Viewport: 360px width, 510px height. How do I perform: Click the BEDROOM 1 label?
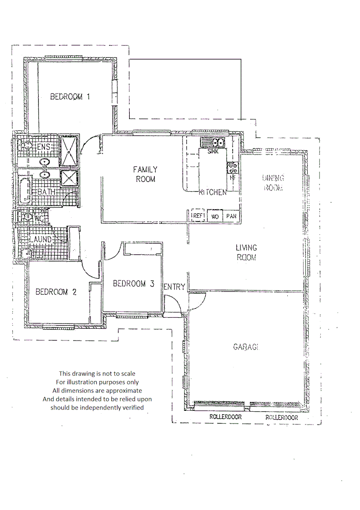tap(70, 97)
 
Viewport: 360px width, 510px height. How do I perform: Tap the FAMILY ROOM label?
tap(145, 174)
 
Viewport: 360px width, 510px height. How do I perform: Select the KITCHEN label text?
tap(213, 193)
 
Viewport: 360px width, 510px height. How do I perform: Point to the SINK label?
tap(213, 151)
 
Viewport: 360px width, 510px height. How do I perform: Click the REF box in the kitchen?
tap(197, 216)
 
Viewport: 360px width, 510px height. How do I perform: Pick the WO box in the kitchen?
tap(215, 216)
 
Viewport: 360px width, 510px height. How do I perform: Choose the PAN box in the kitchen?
tap(231, 216)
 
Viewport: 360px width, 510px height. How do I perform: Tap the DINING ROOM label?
tap(273, 183)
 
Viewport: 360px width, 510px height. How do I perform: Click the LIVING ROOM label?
tap(246, 253)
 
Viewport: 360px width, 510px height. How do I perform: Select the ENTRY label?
tap(174, 287)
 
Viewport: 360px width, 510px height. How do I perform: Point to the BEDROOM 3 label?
tap(134, 284)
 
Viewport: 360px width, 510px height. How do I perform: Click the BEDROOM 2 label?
tap(56, 292)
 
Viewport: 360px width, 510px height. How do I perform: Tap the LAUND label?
tap(42, 240)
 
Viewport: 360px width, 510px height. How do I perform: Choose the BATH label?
tap(47, 192)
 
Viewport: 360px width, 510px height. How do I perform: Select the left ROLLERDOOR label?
tap(226, 417)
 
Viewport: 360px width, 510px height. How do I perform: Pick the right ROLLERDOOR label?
tap(282, 418)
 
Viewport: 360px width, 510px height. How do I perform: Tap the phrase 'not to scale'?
tap(119, 373)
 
